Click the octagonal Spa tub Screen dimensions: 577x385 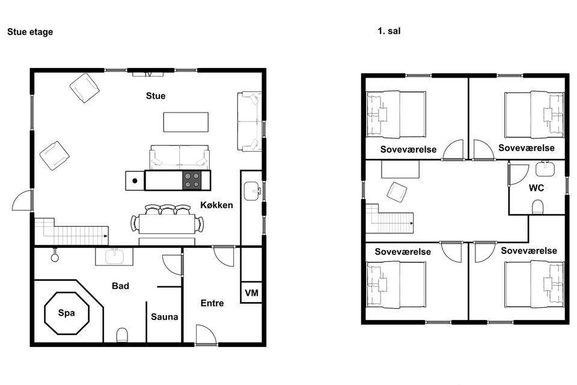pos(67,313)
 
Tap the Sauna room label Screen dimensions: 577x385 pos(165,317)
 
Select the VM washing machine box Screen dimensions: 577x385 pos(251,292)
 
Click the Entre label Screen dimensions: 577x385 pos(212,303)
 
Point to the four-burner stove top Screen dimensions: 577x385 pos(192,180)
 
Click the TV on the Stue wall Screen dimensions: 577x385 pos(148,73)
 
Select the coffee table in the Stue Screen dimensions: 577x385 pos(186,122)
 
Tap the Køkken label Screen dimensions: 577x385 pos(216,205)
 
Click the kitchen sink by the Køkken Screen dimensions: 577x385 pos(252,191)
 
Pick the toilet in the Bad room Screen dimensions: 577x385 pos(122,335)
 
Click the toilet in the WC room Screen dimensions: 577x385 pos(537,207)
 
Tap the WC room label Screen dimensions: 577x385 pos(536,188)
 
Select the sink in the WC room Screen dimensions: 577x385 pos(545,168)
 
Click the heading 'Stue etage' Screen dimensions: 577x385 pos(30,32)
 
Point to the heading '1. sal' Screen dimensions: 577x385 pos(389,31)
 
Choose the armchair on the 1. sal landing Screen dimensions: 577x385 pos(397,192)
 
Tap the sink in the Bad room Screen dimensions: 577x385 pos(114,256)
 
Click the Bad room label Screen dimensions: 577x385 pos(120,286)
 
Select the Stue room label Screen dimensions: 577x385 pos(156,96)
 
